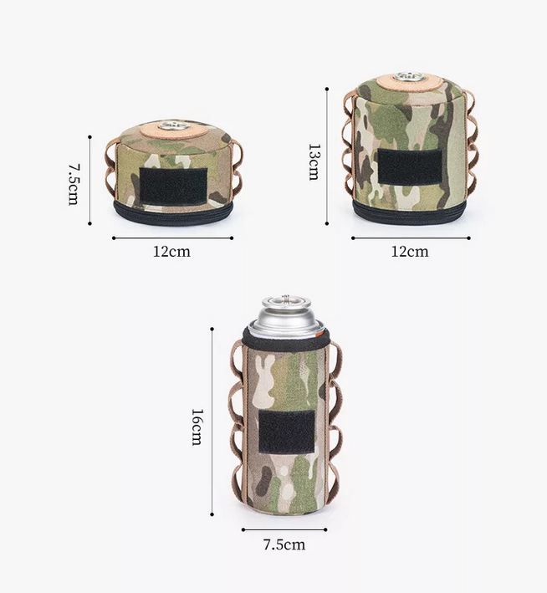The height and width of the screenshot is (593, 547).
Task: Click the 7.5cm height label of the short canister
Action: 73,184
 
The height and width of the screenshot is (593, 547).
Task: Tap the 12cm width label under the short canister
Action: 171,252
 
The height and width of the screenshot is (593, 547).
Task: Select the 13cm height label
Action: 314,161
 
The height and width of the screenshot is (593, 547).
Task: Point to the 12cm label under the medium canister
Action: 410,252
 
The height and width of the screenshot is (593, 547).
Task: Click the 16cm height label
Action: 197,427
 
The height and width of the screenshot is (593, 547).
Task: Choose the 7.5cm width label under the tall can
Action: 284,544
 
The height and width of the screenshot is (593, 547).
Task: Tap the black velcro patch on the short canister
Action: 173,186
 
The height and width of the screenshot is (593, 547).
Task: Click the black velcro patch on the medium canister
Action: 410,166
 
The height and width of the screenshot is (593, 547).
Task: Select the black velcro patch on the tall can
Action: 287,432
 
